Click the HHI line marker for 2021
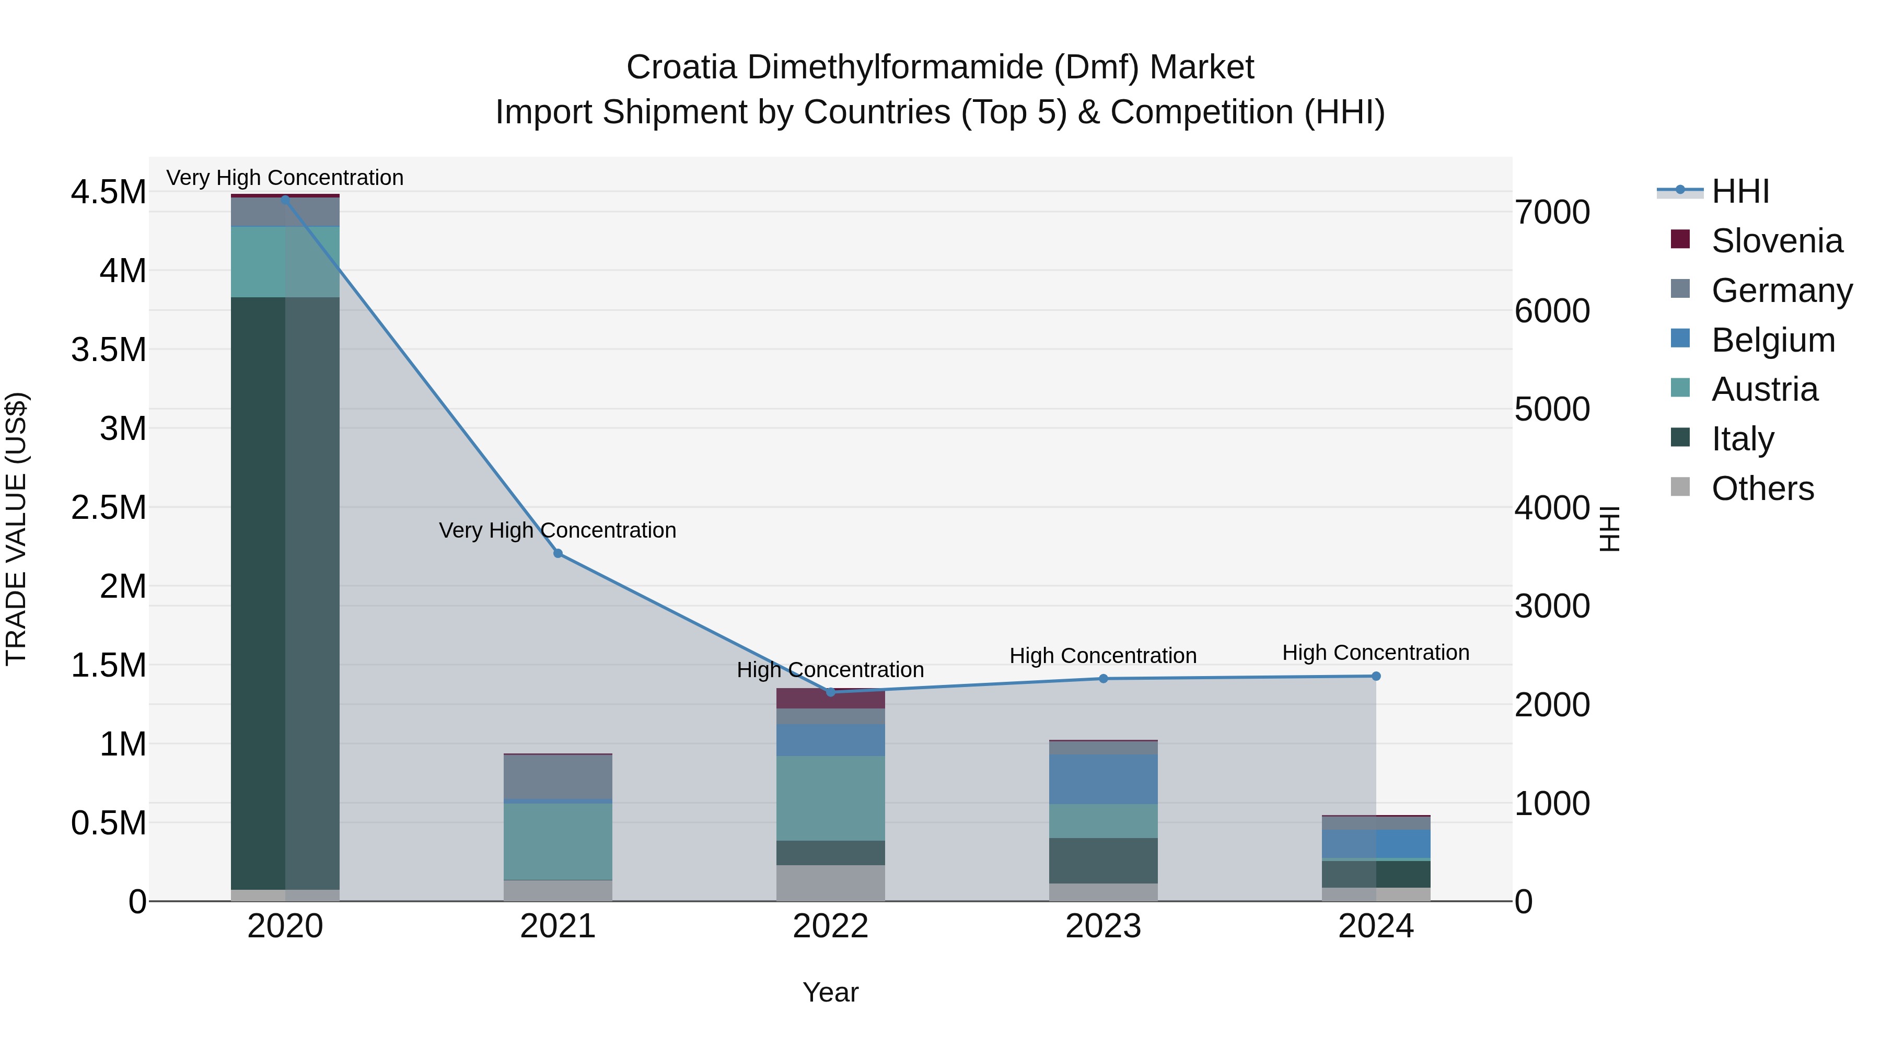[558, 553]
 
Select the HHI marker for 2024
[1376, 676]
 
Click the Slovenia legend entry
[1776, 241]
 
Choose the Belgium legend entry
[1772, 340]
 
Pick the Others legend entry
[1762, 489]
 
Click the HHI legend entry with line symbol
[1739, 191]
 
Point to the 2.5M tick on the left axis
[108, 507]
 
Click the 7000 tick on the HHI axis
[1552, 213]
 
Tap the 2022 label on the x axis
[830, 926]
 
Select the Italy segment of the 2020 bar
[285, 591]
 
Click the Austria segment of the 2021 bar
[558, 841]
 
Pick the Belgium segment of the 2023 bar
[1104, 779]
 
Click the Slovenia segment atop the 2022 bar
[830, 699]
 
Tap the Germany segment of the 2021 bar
[558, 777]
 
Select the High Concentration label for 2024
[1376, 652]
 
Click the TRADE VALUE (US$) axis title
[16, 529]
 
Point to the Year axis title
[830, 992]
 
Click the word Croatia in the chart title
[681, 67]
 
